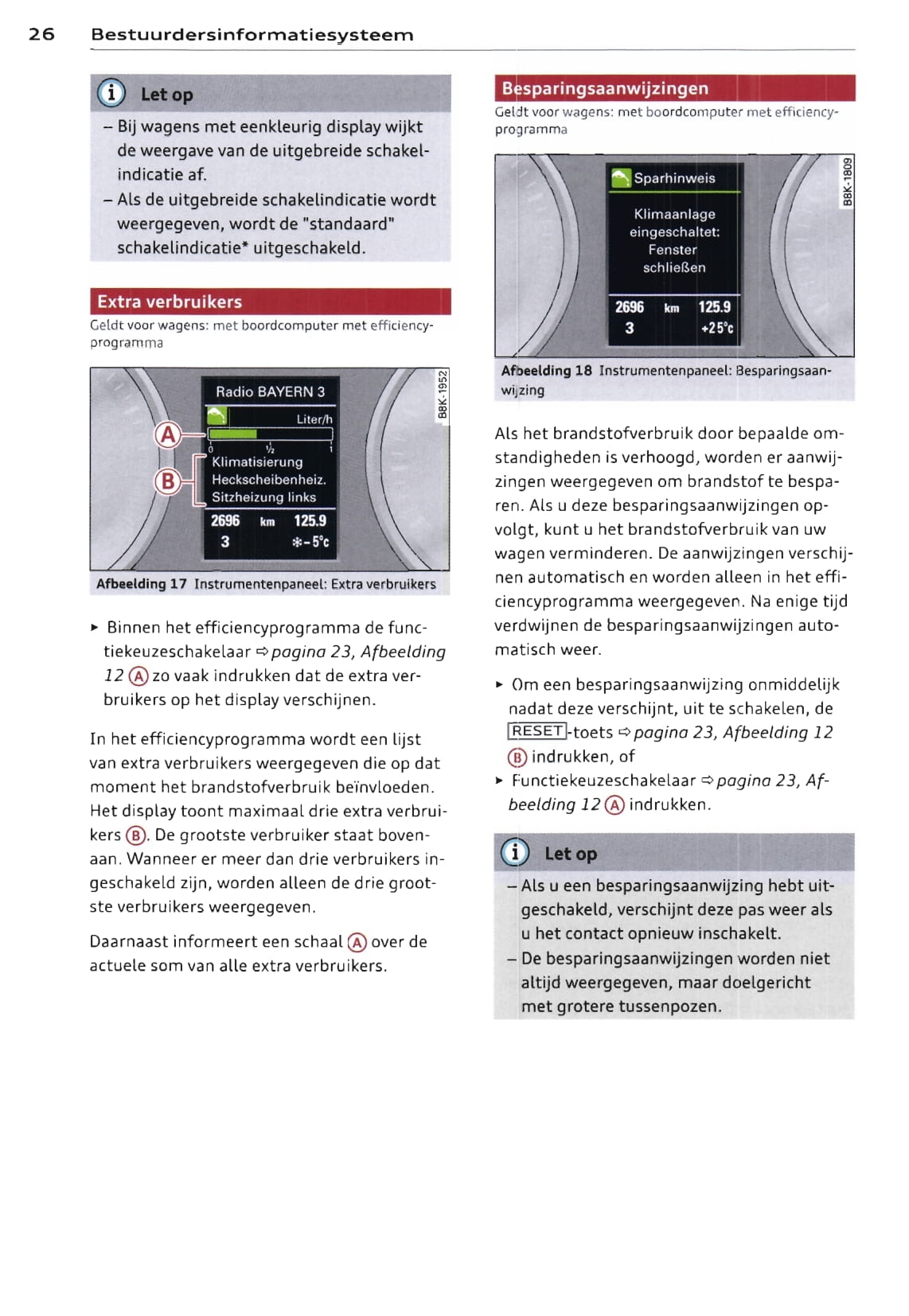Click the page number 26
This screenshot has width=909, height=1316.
pyautogui.click(x=41, y=34)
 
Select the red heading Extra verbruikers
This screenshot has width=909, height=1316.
pyautogui.click(x=170, y=302)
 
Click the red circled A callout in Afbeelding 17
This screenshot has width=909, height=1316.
pyautogui.click(x=168, y=434)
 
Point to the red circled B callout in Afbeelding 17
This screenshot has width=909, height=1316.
pyautogui.click(x=168, y=481)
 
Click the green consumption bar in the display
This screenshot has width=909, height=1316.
pyautogui.click(x=232, y=434)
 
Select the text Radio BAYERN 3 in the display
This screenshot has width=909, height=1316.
pyautogui.click(x=270, y=391)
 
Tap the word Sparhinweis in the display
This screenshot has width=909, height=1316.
pyautogui.click(x=674, y=178)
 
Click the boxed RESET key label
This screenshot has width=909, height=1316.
pyautogui.click(x=537, y=731)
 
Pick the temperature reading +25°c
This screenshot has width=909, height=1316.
pyautogui.click(x=716, y=328)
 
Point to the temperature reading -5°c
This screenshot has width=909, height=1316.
pyautogui.click(x=310, y=542)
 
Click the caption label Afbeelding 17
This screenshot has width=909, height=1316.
pyautogui.click(x=142, y=584)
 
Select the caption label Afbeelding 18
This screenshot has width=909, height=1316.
pyautogui.click(x=547, y=371)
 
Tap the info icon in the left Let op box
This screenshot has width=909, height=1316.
pyautogui.click(x=111, y=94)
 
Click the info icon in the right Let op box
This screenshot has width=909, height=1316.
pyautogui.click(x=515, y=853)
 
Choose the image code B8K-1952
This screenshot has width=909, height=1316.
pyautogui.click(x=443, y=395)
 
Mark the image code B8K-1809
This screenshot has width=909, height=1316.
pyautogui.click(x=848, y=181)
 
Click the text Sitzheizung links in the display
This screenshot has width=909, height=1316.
pyautogui.click(x=263, y=497)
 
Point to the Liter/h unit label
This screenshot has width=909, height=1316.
pyautogui.click(x=314, y=419)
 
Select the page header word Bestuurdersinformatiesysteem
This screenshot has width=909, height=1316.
pyautogui.click(x=252, y=34)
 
